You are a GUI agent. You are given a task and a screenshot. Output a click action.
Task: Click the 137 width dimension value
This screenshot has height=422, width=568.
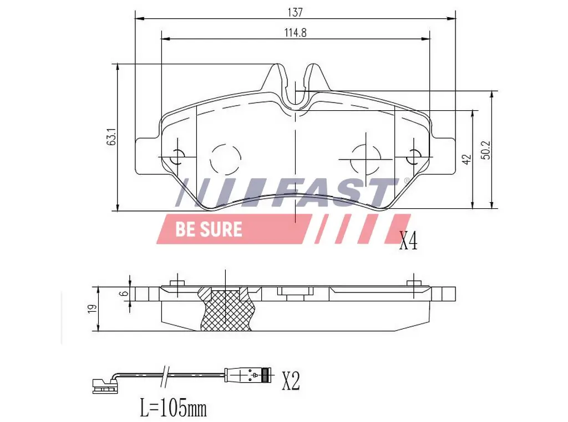[x=295, y=11]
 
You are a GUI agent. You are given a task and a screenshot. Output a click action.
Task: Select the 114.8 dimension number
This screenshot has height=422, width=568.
[x=295, y=32]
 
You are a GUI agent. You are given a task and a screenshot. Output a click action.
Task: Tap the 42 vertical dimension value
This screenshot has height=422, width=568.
[x=466, y=159]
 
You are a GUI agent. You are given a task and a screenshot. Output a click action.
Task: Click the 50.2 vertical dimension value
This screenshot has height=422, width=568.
[x=486, y=150]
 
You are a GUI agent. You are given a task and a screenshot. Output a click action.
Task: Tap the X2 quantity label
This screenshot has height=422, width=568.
[x=291, y=380]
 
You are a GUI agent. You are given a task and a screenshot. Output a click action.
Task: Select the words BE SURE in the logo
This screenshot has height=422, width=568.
[x=209, y=229]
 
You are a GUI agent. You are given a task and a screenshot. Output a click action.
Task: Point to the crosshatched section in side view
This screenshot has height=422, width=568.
[x=226, y=310]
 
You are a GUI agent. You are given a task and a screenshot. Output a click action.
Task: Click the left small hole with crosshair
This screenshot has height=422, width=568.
[x=178, y=157]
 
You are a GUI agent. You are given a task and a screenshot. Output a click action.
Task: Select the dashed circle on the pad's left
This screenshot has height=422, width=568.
[x=226, y=158]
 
